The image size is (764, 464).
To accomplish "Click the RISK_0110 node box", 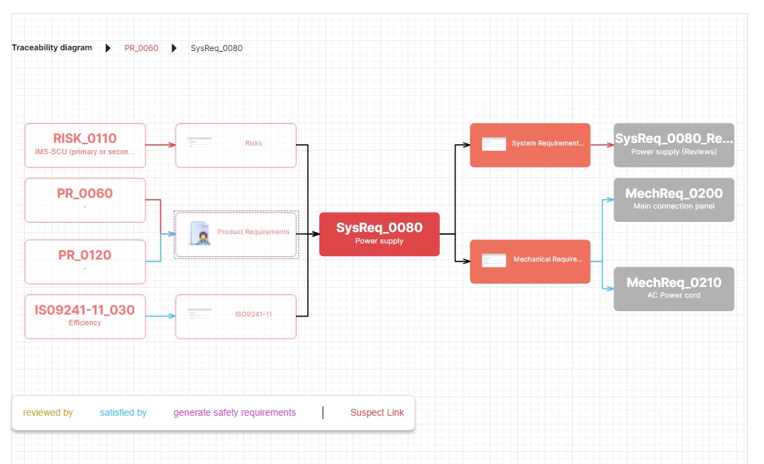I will [85, 145].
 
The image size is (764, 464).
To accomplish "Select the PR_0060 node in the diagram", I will [85, 200].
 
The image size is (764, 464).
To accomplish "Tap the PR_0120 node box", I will [85, 262].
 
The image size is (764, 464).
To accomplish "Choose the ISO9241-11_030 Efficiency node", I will [85, 316].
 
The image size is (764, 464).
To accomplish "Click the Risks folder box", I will [235, 145].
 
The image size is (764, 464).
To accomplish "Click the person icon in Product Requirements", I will [199, 233].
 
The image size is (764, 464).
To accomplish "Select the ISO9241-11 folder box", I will [235, 316].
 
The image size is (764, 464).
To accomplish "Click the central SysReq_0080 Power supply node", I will [379, 234].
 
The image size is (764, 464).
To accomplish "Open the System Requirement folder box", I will [530, 145].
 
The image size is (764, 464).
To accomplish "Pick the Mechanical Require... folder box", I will [530, 261].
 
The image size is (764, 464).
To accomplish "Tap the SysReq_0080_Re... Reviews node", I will [673, 145].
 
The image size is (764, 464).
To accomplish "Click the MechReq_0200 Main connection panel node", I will [673, 199].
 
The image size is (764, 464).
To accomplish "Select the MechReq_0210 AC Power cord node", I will [673, 288].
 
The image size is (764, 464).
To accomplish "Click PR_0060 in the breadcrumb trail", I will [142, 48].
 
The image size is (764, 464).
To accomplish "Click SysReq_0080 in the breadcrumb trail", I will [217, 48].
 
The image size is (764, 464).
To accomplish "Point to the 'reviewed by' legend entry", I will [48, 413].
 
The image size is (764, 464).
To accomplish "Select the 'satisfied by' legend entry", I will [123, 413].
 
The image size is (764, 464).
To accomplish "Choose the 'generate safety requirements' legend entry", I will [235, 413].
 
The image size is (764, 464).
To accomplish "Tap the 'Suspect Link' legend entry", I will [377, 413].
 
